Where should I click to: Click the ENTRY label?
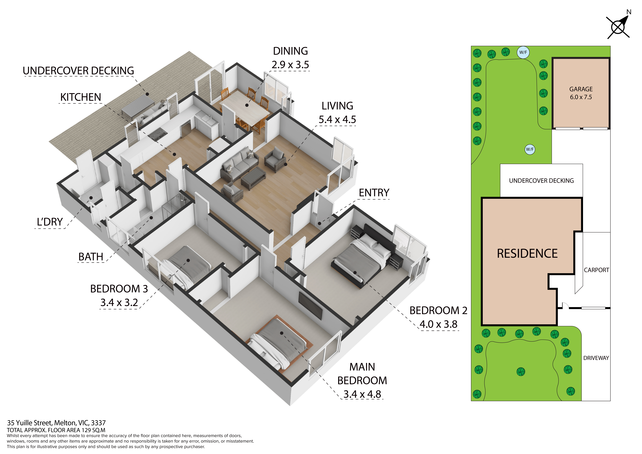click(374, 193)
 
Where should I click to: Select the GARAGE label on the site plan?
click(581, 89)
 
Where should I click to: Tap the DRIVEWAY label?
click(596, 358)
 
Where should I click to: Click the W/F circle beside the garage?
click(523, 52)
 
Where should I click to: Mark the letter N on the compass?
click(629, 12)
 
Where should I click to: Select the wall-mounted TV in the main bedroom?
click(310, 305)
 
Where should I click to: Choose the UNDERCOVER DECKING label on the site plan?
click(541, 181)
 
